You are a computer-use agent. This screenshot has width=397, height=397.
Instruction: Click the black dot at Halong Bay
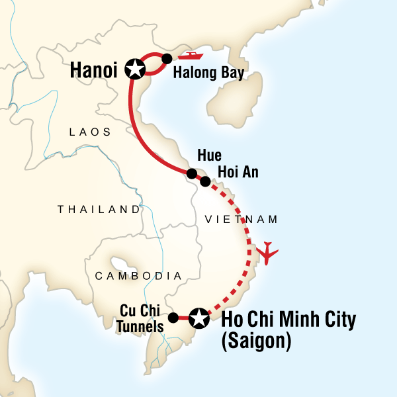pos(167,58)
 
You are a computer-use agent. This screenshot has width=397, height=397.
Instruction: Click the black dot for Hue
pos(191,174)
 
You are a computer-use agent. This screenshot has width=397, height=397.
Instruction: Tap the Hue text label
pos(208,157)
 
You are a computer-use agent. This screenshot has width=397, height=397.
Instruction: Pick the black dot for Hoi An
pos(205,181)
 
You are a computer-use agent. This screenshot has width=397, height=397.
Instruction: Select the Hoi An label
pos(236,172)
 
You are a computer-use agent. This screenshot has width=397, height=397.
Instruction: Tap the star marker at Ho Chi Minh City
pos(198,318)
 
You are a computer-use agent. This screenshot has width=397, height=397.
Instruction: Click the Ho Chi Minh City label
pos(289,319)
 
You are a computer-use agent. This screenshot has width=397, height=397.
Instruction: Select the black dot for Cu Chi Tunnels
pos(173,318)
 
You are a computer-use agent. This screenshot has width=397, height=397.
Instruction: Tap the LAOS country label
pos(90,132)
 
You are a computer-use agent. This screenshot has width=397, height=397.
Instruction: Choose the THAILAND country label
pos(99,209)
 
